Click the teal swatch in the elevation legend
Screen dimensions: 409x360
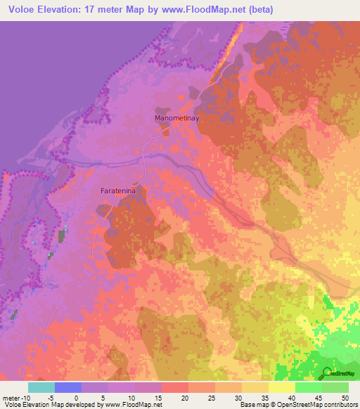pos(41,387)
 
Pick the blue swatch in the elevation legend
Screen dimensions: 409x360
pos(68,387)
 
